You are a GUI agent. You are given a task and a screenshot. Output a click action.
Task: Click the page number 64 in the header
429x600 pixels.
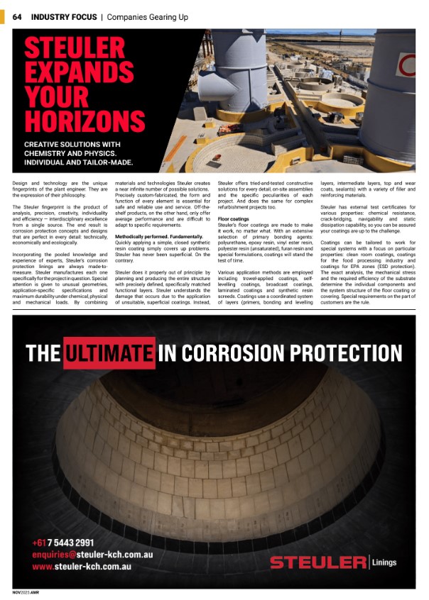17,16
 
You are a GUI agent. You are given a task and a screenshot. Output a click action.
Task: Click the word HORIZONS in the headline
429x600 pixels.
84,121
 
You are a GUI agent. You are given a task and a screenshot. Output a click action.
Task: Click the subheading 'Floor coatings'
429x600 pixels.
233,220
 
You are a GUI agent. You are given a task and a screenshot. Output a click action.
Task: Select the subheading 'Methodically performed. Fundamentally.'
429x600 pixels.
156,235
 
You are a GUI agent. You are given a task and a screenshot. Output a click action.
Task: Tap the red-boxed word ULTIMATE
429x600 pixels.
109,352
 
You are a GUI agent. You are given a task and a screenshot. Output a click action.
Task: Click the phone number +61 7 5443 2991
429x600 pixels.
63,543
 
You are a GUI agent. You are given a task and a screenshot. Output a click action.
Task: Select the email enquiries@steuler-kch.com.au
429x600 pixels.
92,555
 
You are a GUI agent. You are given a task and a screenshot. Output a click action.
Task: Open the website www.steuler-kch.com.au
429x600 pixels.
82,567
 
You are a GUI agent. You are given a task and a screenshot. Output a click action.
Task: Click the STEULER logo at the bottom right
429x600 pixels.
317,563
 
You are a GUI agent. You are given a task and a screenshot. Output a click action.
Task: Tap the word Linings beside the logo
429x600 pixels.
384,563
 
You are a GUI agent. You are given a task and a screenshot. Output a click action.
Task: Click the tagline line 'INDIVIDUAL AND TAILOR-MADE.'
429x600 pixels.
79,162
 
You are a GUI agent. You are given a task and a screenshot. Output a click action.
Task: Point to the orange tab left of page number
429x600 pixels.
5,16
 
